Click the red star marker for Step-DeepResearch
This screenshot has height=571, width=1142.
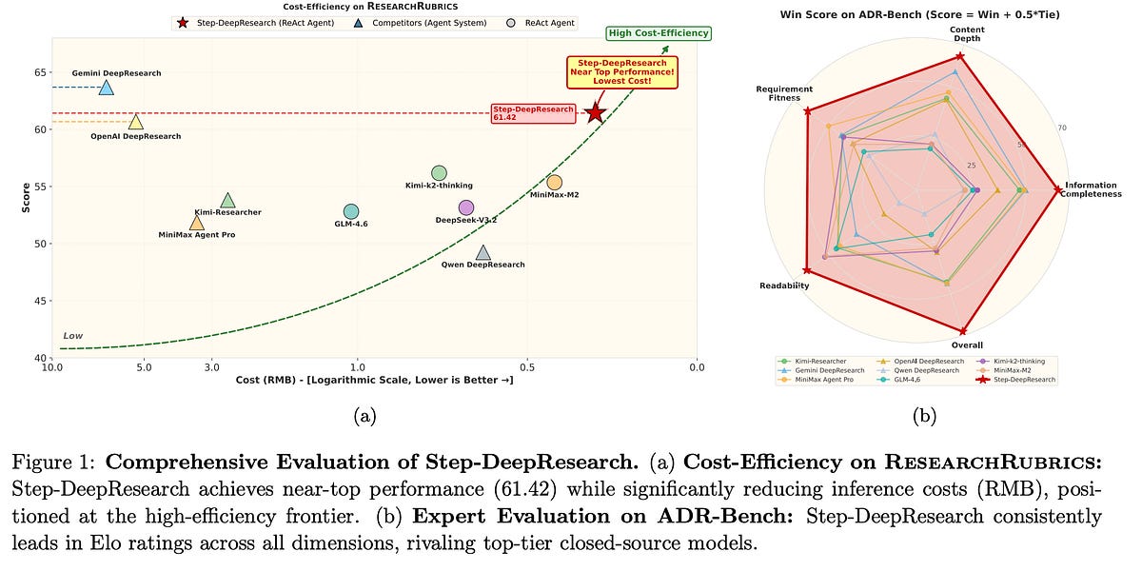pyautogui.click(x=596, y=112)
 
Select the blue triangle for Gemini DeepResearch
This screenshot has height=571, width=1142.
pyautogui.click(x=106, y=88)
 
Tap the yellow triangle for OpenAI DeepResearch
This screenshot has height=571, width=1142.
pyautogui.click(x=136, y=122)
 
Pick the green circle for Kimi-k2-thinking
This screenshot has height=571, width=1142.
pyautogui.click(x=439, y=172)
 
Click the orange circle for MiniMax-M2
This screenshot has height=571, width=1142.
pyautogui.click(x=555, y=182)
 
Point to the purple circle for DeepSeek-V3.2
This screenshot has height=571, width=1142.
pyautogui.click(x=465, y=207)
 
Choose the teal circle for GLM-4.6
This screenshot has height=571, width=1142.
pyautogui.click(x=351, y=211)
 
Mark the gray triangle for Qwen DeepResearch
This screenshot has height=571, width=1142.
pyautogui.click(x=483, y=253)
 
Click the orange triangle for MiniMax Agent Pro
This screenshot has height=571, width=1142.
pyautogui.click(x=197, y=223)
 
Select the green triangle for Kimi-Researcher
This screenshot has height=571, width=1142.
pyautogui.click(x=227, y=200)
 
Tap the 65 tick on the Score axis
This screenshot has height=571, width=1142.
pyautogui.click(x=39, y=71)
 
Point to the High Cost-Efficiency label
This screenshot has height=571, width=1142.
pyautogui.click(x=658, y=34)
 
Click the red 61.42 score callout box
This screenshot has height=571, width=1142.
pyautogui.click(x=533, y=113)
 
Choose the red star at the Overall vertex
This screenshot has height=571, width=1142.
pyautogui.click(x=964, y=331)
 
